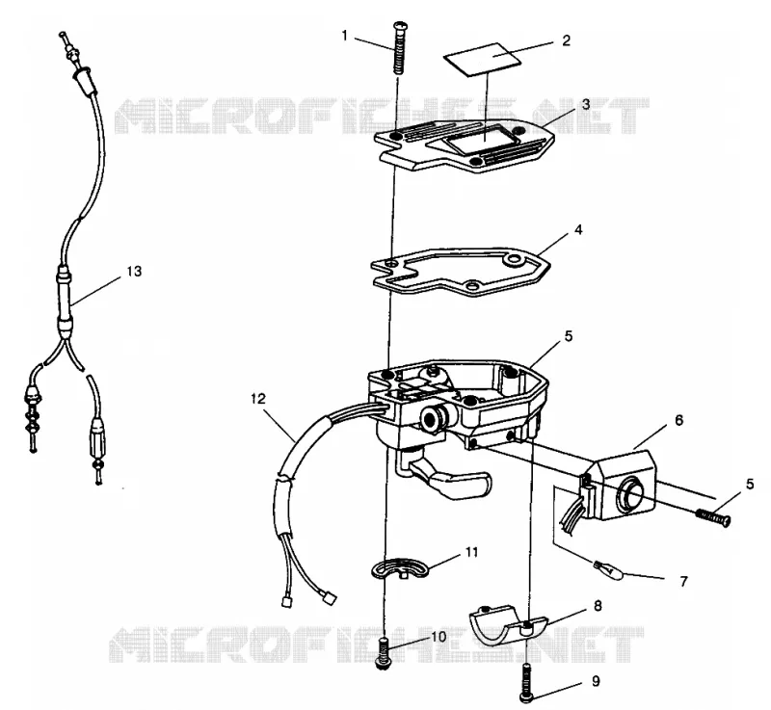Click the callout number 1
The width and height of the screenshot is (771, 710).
point(345,36)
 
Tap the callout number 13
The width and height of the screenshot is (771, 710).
point(134,271)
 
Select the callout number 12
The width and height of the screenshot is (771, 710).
point(258,399)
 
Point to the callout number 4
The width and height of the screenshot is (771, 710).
point(578,229)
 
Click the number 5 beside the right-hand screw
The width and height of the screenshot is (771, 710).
point(750,484)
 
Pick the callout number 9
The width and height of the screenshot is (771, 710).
point(596,681)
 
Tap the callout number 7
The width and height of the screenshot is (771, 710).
point(683,582)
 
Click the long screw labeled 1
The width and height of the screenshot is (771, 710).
point(398,47)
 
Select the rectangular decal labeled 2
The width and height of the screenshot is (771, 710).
point(482,60)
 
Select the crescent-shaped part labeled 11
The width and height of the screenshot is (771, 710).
point(399,567)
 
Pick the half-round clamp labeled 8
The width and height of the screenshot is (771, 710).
point(507,626)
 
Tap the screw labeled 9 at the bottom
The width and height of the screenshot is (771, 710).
point(525,682)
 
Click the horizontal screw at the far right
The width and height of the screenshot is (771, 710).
point(713,517)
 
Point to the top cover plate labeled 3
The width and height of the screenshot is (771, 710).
point(465,145)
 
